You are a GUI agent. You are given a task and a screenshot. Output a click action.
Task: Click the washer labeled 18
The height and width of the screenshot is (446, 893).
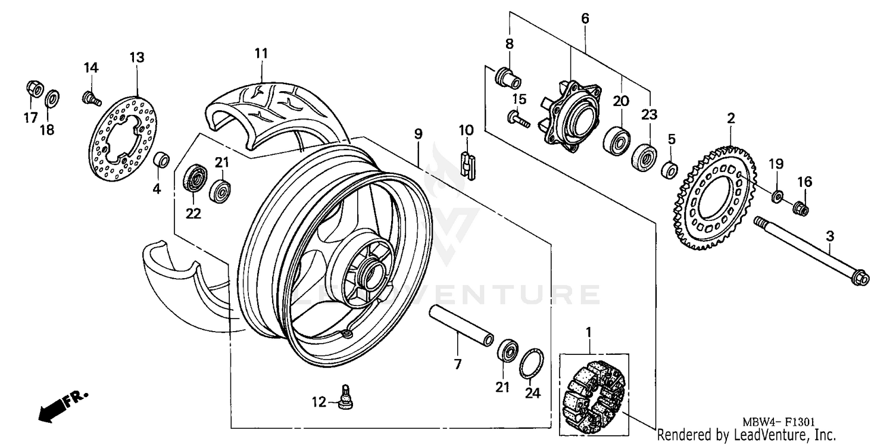click(52, 96)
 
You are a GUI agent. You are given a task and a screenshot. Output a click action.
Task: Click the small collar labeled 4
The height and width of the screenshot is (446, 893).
click(161, 160)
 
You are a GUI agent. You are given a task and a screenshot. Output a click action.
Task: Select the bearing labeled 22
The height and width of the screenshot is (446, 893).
click(195, 177)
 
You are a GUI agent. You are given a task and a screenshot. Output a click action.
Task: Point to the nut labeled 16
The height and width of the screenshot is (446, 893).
click(801, 208)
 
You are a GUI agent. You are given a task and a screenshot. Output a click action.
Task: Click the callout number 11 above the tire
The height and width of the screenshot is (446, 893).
click(261, 54)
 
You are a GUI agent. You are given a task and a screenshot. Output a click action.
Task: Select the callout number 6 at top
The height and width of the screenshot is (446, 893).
click(585, 18)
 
